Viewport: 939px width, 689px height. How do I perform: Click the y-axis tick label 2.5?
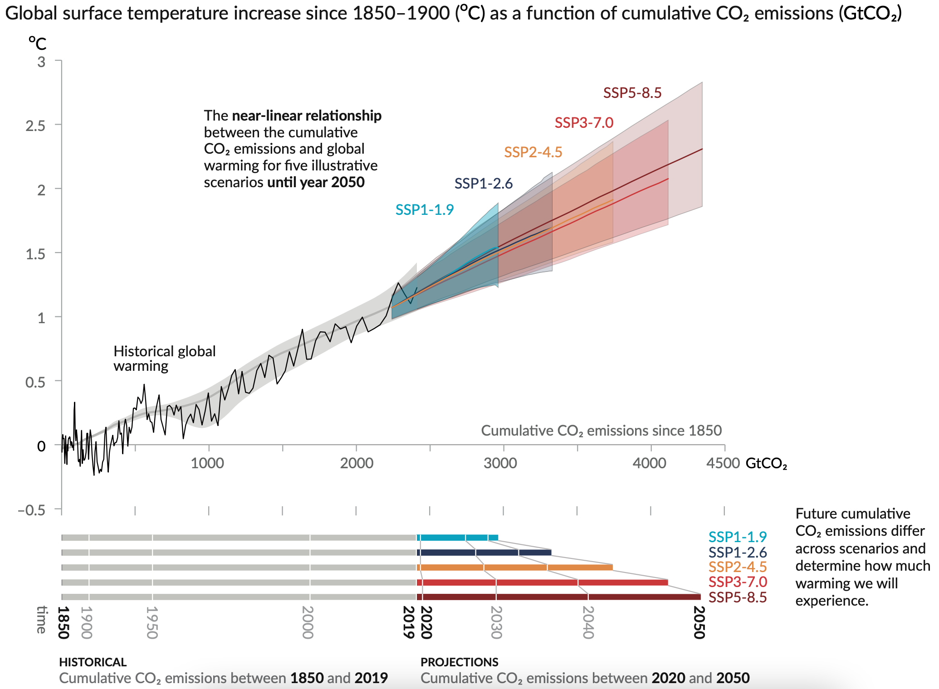35,126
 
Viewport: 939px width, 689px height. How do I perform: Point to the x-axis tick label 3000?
500,463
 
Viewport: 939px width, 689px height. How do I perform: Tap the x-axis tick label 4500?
723,463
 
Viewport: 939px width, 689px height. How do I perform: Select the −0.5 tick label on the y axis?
32,510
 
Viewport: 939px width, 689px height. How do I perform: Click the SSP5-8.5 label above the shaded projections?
632,93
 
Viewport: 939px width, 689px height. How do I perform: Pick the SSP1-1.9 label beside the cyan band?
424,210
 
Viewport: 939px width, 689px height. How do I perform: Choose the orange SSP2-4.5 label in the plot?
533,152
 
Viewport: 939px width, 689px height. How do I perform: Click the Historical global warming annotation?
164,359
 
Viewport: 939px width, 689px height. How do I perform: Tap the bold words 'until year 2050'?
316,182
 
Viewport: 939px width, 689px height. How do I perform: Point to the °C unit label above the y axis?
38,44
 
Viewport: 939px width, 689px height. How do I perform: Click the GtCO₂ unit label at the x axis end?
766,464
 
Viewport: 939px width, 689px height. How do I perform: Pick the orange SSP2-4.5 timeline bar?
514,568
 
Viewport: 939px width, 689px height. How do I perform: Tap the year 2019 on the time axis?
409,622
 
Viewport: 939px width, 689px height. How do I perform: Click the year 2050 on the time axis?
699,622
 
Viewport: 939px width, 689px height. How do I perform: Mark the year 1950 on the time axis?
152,622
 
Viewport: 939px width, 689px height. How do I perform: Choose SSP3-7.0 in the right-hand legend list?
738,582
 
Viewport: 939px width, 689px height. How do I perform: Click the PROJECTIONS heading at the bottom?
459,662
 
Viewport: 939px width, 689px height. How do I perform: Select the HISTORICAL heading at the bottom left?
93,662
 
